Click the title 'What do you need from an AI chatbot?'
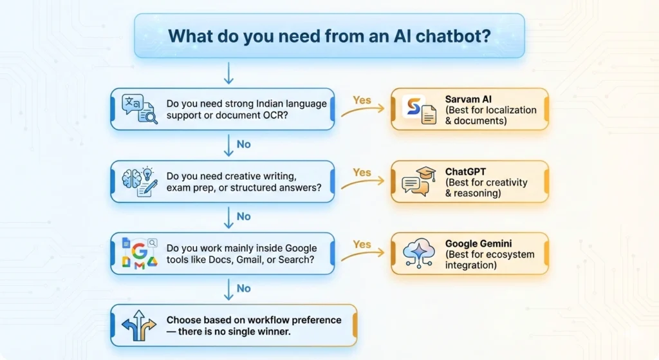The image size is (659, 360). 329,36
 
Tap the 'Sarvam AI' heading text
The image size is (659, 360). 469,99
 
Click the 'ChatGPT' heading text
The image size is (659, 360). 467,172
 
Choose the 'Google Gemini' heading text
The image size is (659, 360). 479,244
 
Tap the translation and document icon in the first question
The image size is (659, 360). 141,109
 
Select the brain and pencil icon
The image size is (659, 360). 141,181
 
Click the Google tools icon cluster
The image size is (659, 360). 140,253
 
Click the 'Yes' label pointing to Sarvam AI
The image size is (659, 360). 362,100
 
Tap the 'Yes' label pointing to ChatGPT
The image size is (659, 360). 362,173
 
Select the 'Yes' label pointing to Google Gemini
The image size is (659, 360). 362,245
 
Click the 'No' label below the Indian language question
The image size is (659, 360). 243,144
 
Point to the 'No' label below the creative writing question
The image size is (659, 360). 243,216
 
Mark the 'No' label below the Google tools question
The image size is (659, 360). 243,289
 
